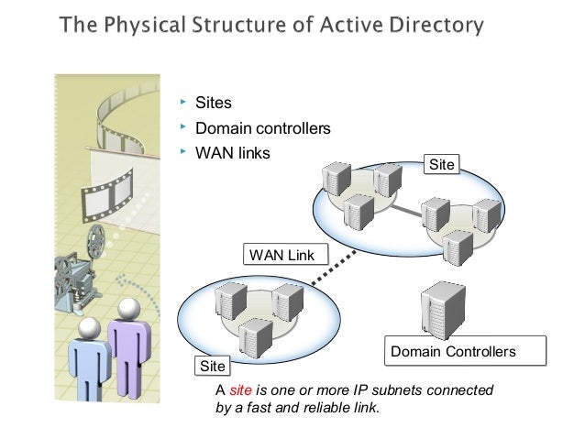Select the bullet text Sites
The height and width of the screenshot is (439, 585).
pyautogui.click(x=214, y=103)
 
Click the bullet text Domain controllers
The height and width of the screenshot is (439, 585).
pyautogui.click(x=262, y=128)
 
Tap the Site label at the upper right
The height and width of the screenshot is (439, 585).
pyautogui.click(x=441, y=164)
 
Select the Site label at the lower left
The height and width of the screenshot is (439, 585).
pyautogui.click(x=212, y=366)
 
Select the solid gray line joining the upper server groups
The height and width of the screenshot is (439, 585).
pyautogui.click(x=401, y=215)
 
